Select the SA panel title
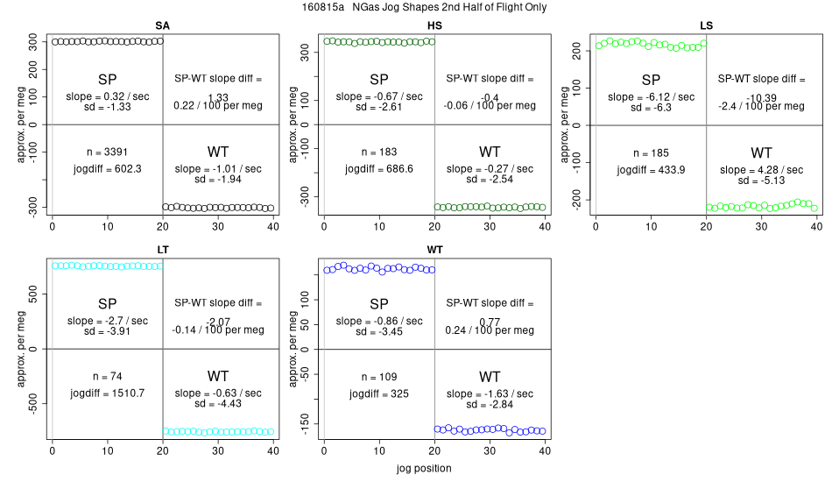(162, 25)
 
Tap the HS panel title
(434, 25)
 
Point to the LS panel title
(706, 25)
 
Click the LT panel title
(163, 250)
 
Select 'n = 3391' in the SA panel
(108, 152)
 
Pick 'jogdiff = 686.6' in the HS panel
(379, 168)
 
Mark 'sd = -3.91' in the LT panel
(108, 332)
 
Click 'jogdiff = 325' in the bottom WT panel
(379, 393)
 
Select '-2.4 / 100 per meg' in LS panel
(761, 106)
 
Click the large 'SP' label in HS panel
(379, 80)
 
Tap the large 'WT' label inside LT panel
(218, 376)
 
